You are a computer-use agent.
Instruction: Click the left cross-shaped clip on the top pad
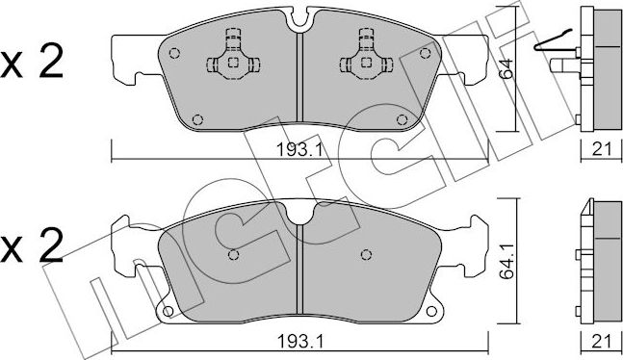pos(231,61)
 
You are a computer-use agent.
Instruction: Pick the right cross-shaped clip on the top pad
pos(366,61)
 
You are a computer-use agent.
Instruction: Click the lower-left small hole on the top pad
pos(197,120)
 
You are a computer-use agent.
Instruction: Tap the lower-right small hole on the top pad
pos(400,120)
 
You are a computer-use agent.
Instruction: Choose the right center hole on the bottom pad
pos(366,255)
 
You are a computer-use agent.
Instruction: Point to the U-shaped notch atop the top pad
pos(299,15)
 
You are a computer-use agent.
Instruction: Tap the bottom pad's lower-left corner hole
pos(166,311)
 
